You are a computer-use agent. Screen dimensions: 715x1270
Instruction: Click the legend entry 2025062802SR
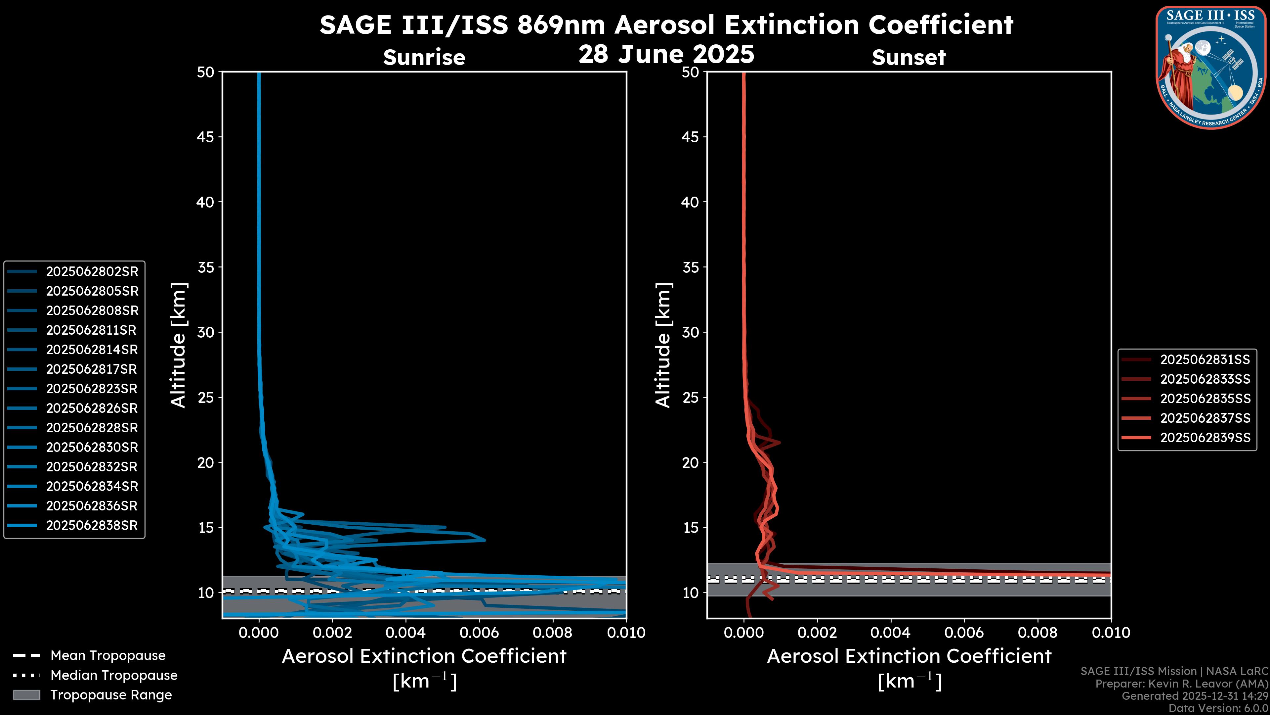(92, 271)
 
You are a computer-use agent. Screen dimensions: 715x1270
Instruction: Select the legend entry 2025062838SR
(92, 526)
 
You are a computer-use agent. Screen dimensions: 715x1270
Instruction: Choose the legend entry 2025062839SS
(1205, 438)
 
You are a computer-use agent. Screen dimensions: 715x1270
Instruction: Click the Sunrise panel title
(424, 57)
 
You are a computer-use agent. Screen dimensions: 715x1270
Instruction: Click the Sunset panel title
(909, 57)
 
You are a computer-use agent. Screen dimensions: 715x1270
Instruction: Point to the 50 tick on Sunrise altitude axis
(206, 72)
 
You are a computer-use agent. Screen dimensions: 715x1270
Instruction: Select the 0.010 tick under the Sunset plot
(1111, 633)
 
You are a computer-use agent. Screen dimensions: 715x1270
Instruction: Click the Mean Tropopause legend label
(108, 655)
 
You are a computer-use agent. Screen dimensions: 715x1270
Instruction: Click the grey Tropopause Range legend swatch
(26, 695)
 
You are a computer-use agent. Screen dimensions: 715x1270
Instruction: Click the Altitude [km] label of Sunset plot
(663, 345)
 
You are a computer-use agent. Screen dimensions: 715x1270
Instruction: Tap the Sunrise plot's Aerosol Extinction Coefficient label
(424, 656)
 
